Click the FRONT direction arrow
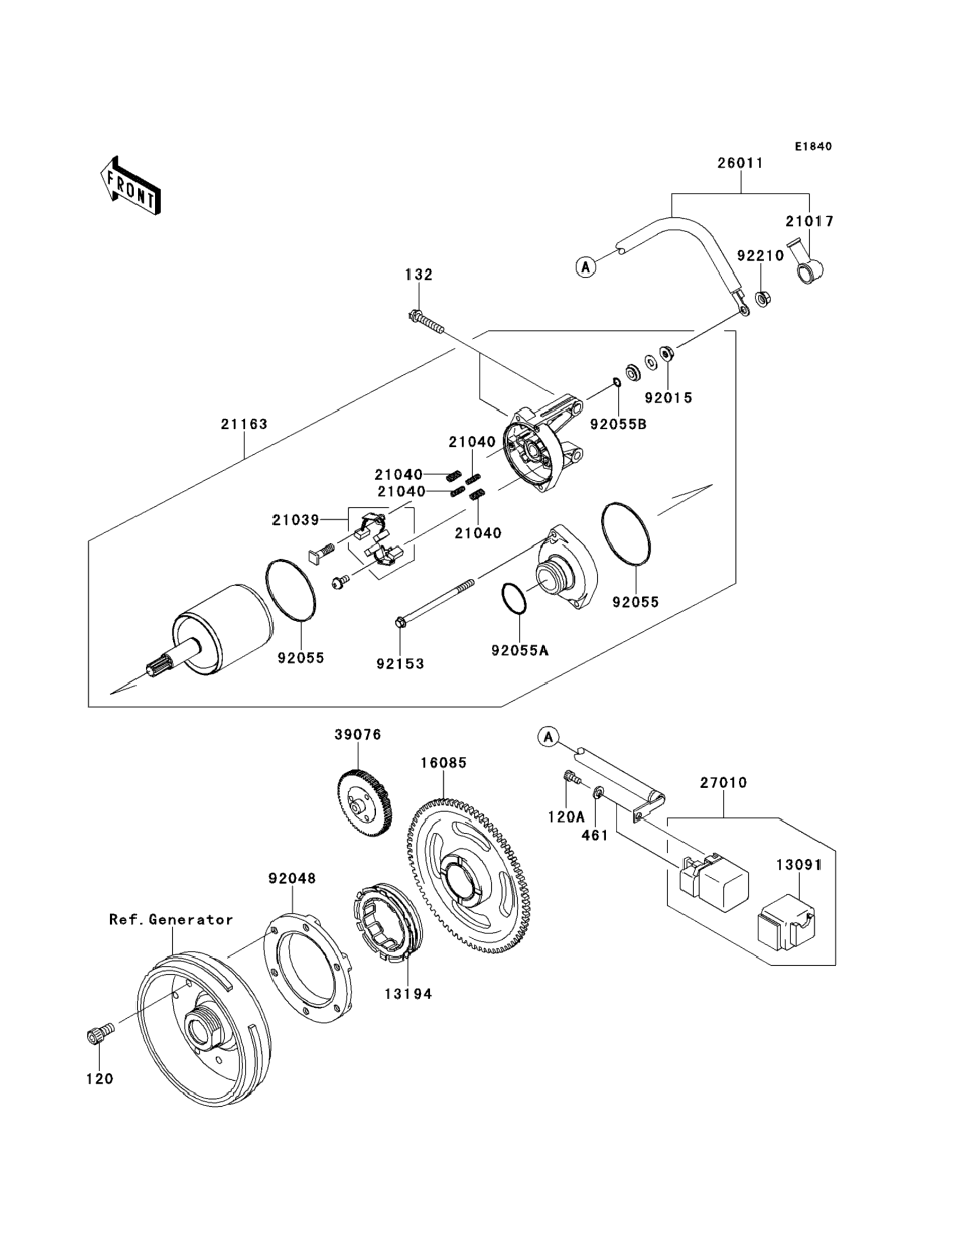click(x=130, y=186)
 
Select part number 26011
click(x=740, y=163)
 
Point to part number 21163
click(x=244, y=424)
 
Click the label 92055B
click(x=618, y=424)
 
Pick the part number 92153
click(x=400, y=664)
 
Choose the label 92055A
click(x=520, y=650)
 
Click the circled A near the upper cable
click(x=586, y=266)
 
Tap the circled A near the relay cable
click(x=547, y=737)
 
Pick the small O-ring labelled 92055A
click(x=514, y=600)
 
